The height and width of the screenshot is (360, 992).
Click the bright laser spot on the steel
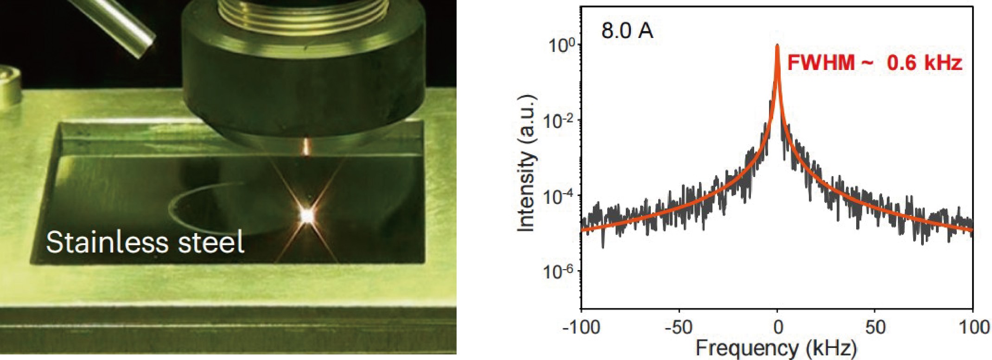(307, 215)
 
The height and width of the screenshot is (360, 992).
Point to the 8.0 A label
(627, 32)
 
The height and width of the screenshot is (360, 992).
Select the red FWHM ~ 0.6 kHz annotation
(875, 63)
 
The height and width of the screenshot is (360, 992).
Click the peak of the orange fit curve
(777, 46)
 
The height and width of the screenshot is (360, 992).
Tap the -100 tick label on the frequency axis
(581, 328)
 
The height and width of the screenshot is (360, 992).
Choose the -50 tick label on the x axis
(679, 328)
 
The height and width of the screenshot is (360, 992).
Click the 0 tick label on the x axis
(778, 328)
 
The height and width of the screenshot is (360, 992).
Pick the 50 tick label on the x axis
(875, 328)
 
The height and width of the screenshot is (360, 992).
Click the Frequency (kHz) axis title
(776, 348)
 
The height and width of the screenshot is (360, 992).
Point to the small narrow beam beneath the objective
(306, 147)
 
